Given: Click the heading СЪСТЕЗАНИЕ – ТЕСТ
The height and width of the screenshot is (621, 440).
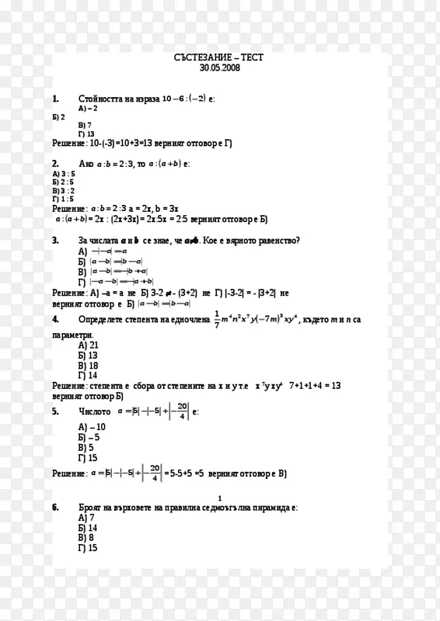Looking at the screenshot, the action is click(220, 58).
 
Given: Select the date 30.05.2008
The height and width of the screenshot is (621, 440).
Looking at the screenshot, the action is click(220, 68).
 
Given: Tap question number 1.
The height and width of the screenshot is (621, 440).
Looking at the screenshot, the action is click(56, 99).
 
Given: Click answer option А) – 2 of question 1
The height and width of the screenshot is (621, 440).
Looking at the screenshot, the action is click(88, 109).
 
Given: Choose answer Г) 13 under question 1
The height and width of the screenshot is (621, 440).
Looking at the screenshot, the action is click(86, 134).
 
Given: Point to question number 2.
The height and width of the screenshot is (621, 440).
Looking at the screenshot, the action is click(56, 164).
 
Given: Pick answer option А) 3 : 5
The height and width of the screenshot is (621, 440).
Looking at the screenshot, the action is click(64, 174).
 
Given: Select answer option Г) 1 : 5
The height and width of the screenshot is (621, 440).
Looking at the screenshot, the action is click(64, 199).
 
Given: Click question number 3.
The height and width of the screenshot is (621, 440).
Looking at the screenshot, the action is click(56, 241).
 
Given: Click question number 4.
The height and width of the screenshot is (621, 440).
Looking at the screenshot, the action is click(56, 319).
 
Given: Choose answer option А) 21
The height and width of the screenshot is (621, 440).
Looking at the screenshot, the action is click(89, 345).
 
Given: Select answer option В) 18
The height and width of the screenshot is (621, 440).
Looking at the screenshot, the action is click(89, 365).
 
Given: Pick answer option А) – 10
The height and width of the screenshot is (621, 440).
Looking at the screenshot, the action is click(93, 427).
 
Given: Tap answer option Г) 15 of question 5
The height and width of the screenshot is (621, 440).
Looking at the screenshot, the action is click(88, 458).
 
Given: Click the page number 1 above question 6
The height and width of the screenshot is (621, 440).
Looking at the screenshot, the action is click(220, 498).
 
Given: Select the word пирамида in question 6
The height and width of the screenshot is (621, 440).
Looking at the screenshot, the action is click(272, 507).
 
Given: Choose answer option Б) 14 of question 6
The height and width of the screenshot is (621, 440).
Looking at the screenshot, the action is click(88, 527).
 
